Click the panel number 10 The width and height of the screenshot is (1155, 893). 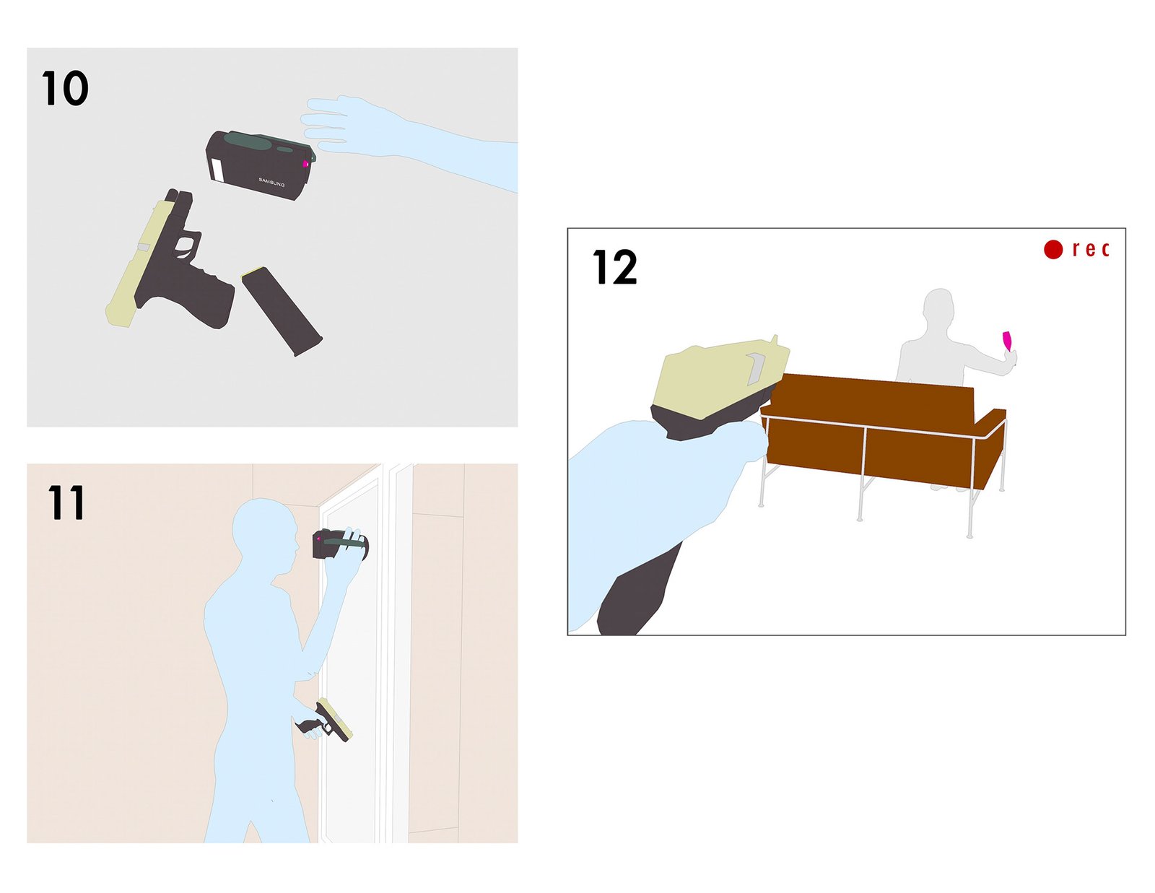tap(65, 88)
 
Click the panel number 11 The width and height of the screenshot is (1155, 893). tap(66, 502)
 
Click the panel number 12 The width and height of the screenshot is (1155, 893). tap(614, 267)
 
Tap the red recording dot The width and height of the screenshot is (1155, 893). tap(1053, 249)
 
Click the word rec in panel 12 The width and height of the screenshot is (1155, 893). tap(1091, 249)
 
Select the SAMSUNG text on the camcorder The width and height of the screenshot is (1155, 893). tap(271, 183)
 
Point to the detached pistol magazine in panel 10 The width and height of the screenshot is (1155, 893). tap(282, 311)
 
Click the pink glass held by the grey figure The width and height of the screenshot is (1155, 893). tap(1007, 341)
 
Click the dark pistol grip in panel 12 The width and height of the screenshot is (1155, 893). tap(638, 596)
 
